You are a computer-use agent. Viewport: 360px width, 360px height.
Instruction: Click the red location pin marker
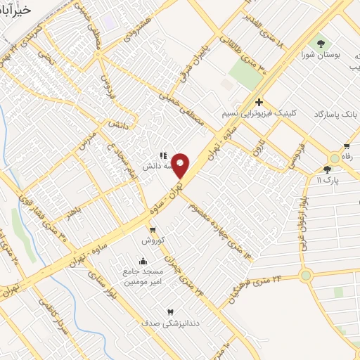(181, 165)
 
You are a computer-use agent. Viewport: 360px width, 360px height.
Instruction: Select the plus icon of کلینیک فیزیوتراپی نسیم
(259, 103)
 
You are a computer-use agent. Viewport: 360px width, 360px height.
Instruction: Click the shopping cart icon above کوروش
(152, 229)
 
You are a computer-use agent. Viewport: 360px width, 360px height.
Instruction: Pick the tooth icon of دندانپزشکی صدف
(170, 310)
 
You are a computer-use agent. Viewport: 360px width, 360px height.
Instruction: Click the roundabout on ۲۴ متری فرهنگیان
(305, 276)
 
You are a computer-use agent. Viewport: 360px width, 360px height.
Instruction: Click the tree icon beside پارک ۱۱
(326, 169)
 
